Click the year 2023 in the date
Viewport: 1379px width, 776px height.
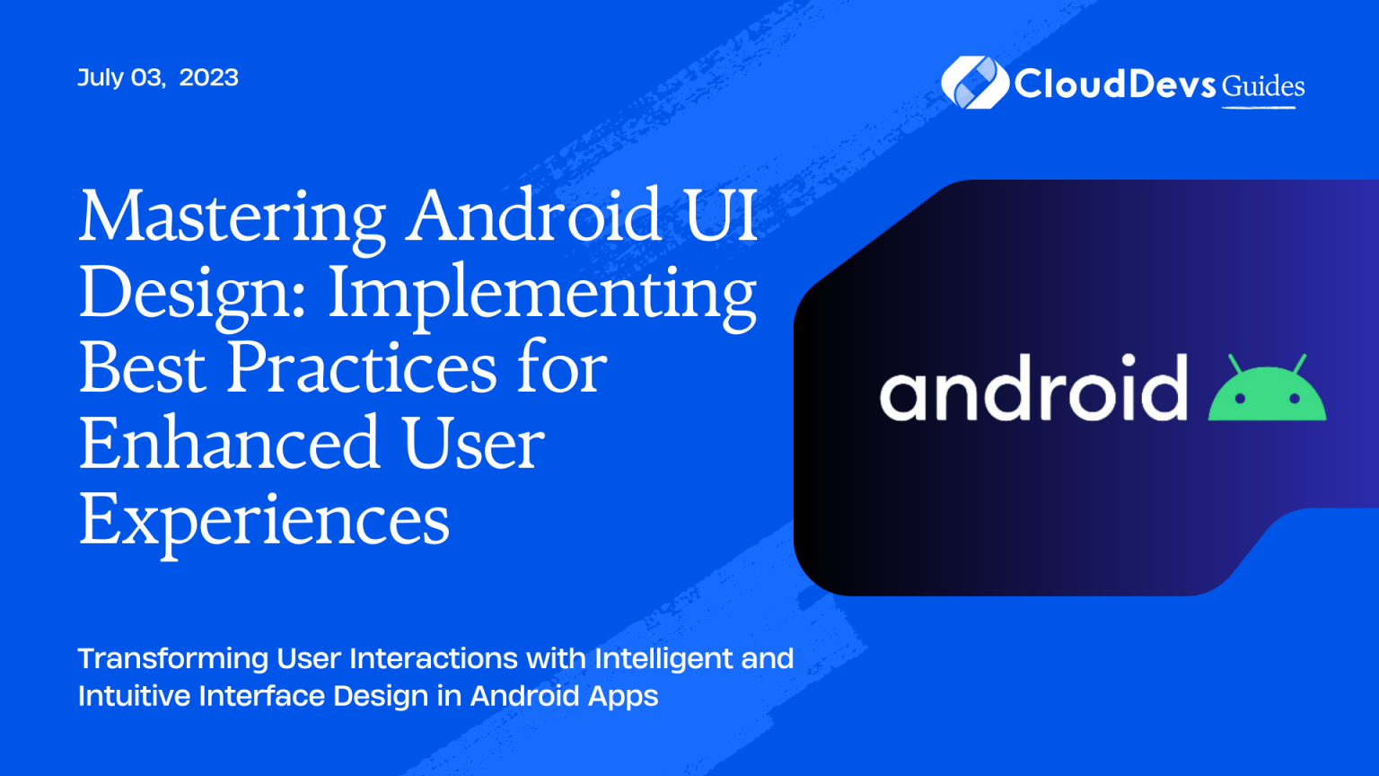pyautogui.click(x=208, y=77)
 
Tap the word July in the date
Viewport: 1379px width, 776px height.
pyautogui.click(x=101, y=77)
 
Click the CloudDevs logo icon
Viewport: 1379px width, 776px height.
pyautogui.click(x=973, y=83)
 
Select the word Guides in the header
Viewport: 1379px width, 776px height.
pyautogui.click(x=1263, y=86)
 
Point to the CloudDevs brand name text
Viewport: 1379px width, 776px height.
pyautogui.click(x=1116, y=84)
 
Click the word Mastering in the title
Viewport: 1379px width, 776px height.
pyautogui.click(x=232, y=218)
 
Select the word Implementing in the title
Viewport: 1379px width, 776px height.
pyautogui.click(x=542, y=295)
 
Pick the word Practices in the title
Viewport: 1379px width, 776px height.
pyautogui.click(x=361, y=368)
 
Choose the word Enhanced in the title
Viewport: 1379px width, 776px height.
pyautogui.click(x=230, y=444)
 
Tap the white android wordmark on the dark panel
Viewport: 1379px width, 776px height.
pyautogui.click(x=1033, y=388)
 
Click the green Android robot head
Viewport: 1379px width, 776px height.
pyautogui.click(x=1267, y=395)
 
